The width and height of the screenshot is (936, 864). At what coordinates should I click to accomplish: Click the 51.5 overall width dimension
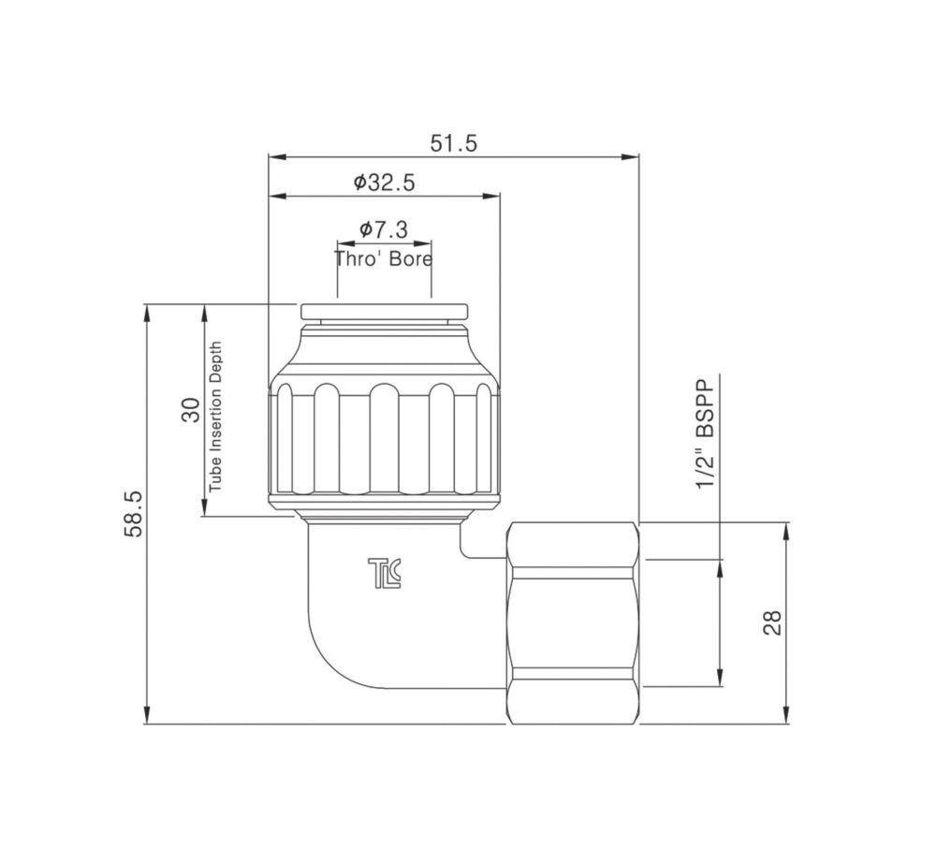(454, 144)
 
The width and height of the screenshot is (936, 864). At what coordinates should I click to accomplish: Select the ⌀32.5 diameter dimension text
(384, 183)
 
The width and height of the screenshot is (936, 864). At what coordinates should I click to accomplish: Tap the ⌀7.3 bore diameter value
(384, 228)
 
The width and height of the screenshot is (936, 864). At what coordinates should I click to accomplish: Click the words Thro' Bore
(383, 259)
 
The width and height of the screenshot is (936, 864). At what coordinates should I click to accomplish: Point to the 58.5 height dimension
(134, 514)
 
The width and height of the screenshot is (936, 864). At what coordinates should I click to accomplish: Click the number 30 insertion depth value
(190, 410)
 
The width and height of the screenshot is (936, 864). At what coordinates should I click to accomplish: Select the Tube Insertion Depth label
(215, 417)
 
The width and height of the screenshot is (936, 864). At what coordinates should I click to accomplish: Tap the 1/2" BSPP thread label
(706, 433)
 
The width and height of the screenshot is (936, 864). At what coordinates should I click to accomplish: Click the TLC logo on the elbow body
(385, 573)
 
